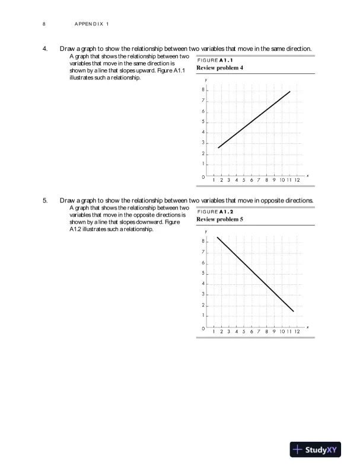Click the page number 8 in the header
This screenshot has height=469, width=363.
click(x=44, y=24)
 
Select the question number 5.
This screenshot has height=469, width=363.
click(x=44, y=200)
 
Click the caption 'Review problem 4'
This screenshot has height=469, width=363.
click(x=220, y=68)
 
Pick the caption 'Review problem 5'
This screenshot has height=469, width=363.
click(x=220, y=220)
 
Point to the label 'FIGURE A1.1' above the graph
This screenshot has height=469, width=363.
click(x=215, y=60)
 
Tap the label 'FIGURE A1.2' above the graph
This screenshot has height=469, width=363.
click(x=215, y=212)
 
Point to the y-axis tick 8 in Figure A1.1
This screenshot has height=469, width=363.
click(x=203, y=91)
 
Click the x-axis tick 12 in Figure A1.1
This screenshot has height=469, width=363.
click(x=297, y=180)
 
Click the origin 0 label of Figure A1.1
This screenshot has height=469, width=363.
click(x=203, y=177)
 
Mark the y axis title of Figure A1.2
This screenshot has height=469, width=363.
click(x=206, y=231)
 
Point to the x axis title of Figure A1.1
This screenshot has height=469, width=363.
click(x=308, y=175)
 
